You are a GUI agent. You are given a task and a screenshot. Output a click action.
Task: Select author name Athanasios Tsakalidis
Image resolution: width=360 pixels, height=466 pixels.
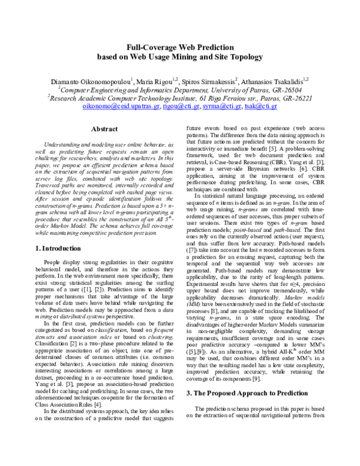[x=271, y=79]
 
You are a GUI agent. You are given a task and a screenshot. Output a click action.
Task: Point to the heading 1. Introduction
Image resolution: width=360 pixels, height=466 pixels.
[x=61, y=247]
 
